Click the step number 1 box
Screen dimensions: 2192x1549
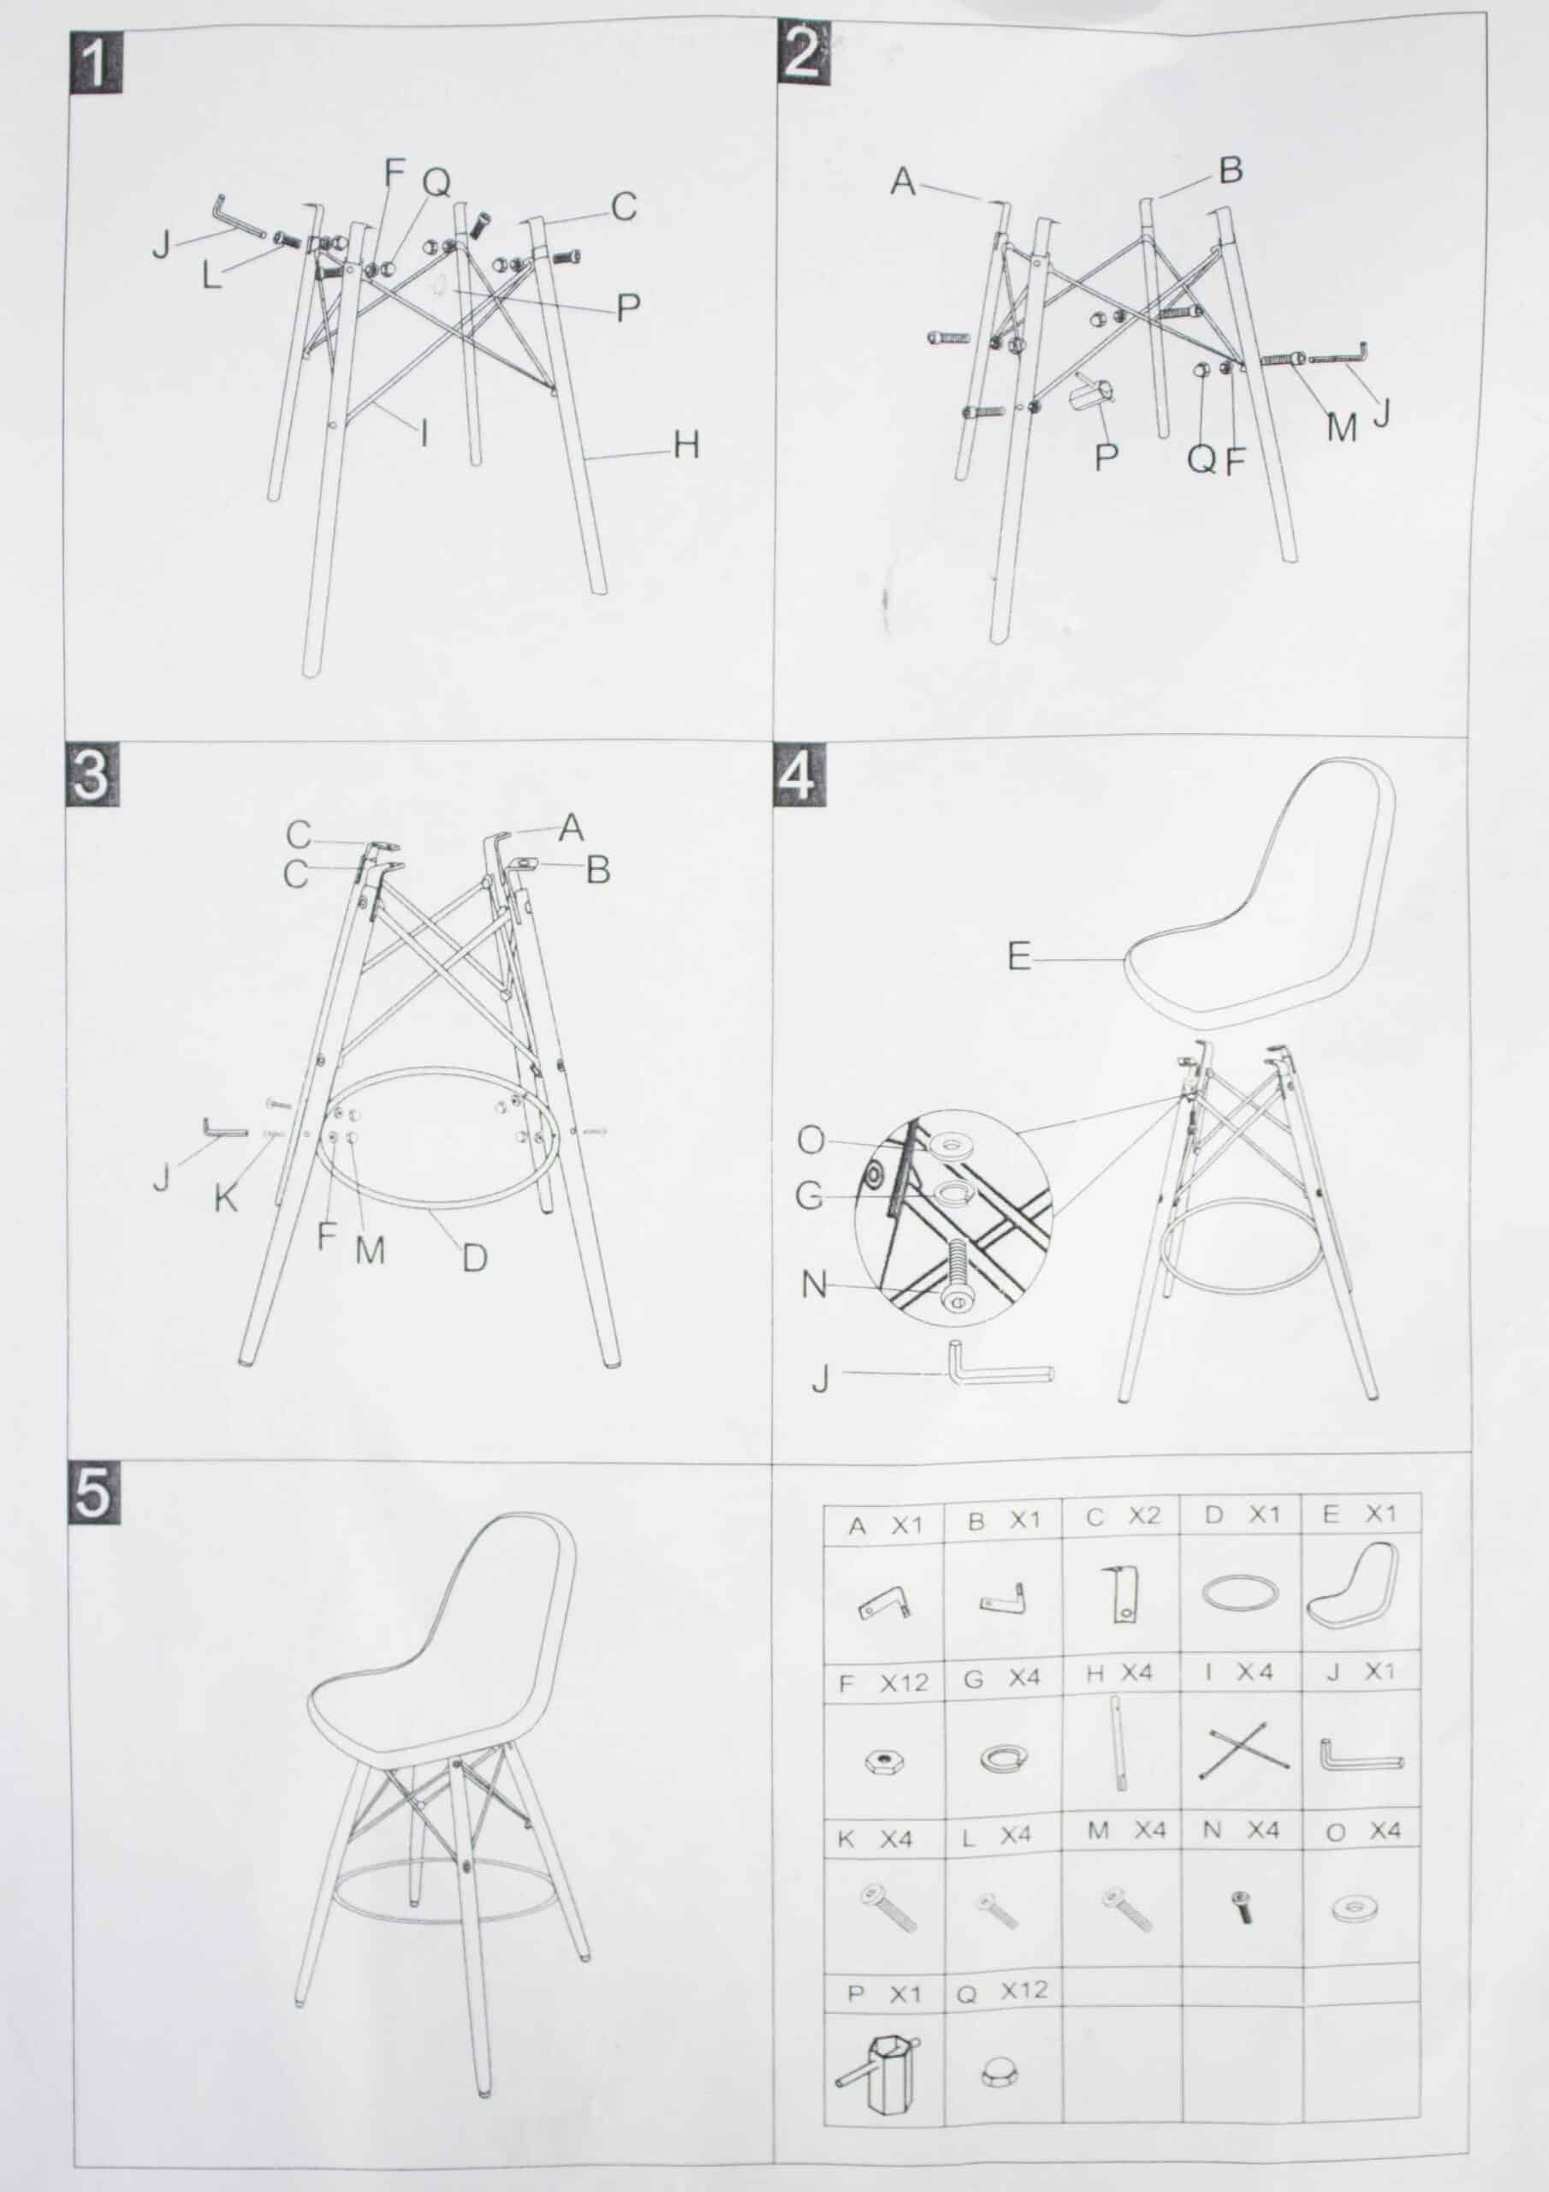[x=97, y=63]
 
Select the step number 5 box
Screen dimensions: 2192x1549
[x=93, y=1492]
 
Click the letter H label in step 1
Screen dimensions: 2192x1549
[x=686, y=445]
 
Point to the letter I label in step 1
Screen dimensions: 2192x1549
[x=424, y=433]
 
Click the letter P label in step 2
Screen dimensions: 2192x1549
[x=1107, y=457]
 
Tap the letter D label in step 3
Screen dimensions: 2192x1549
[x=474, y=1259]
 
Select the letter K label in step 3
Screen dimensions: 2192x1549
[x=226, y=1198]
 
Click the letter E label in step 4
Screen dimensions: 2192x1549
[x=1019, y=956]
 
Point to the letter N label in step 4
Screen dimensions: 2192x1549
[x=814, y=1285]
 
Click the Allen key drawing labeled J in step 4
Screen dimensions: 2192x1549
[x=1000, y=1371]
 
